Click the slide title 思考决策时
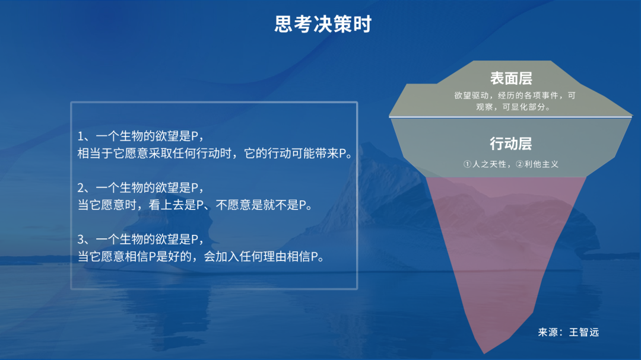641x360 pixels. point(323,24)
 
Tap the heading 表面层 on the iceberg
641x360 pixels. point(511,78)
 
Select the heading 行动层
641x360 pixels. point(511,144)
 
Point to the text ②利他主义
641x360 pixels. point(537,164)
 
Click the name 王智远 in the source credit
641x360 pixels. point(584,332)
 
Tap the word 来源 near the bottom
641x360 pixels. point(548,332)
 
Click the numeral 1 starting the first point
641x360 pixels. point(81,136)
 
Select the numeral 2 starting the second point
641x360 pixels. point(81,187)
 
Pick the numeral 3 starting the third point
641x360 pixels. point(81,239)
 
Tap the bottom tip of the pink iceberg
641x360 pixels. point(484,353)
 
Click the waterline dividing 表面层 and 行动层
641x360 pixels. point(510,117)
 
